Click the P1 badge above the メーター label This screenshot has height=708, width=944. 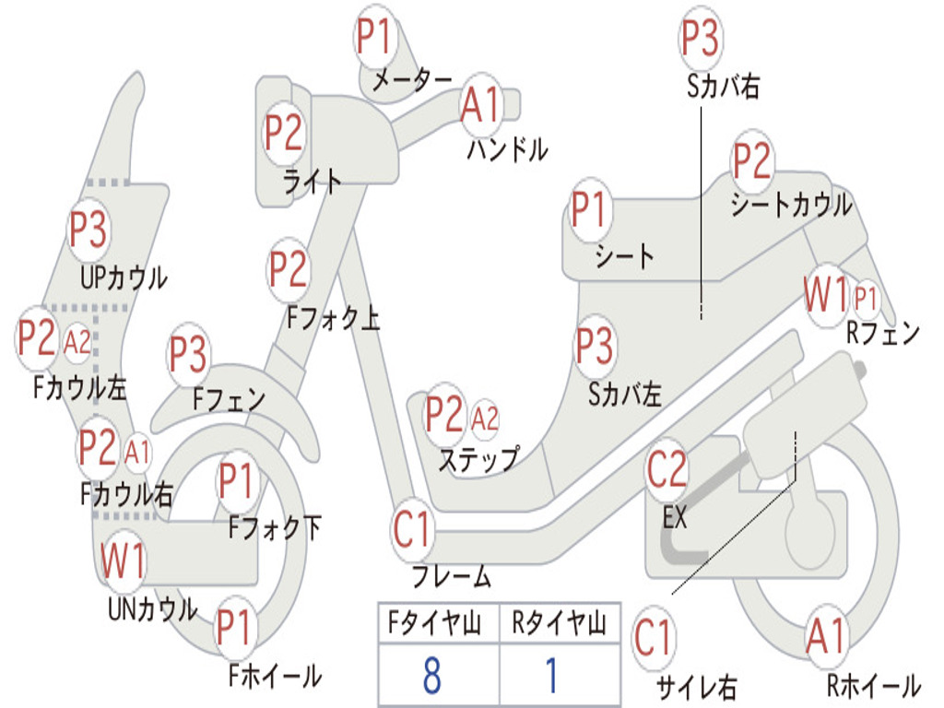click(375, 36)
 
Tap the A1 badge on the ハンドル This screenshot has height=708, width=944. click(481, 105)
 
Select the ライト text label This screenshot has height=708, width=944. click(313, 181)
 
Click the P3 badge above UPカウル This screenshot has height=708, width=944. click(88, 230)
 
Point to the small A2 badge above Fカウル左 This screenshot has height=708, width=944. click(77, 344)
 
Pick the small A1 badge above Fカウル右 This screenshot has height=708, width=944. click(137, 452)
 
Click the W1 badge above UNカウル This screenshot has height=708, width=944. click(123, 560)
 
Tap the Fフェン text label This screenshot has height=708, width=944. click(229, 398)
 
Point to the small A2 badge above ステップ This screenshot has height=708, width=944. click(485, 419)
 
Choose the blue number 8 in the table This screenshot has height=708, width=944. click(432, 676)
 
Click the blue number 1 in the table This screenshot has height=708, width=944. click(551, 676)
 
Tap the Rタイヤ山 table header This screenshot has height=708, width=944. click(560, 622)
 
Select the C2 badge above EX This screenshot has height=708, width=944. click(667, 469)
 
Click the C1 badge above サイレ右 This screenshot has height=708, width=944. click(654, 638)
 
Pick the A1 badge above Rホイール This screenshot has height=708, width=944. click(827, 637)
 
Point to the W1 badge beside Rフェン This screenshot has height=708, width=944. click(826, 295)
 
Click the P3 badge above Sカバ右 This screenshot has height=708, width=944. click(701, 37)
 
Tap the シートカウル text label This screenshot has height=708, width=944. click(792, 205)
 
